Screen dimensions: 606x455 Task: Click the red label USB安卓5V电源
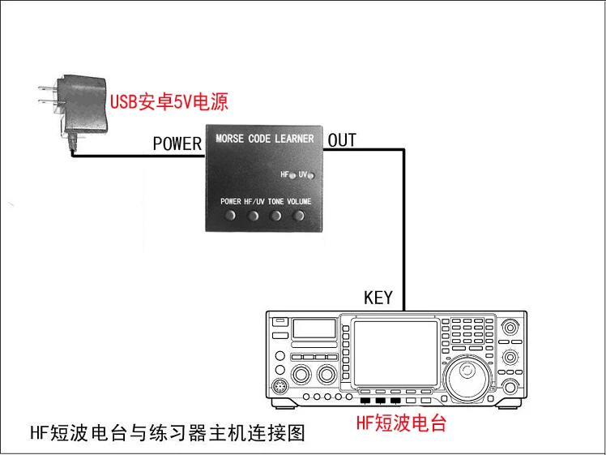click(x=169, y=101)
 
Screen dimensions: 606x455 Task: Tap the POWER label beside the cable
click(x=177, y=144)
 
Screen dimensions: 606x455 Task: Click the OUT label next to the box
click(x=342, y=140)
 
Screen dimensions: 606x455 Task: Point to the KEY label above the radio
click(x=378, y=298)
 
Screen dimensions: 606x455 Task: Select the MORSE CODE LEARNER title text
click(x=265, y=139)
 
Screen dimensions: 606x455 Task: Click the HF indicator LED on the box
click(x=292, y=176)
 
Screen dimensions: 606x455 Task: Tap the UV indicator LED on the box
click(x=311, y=176)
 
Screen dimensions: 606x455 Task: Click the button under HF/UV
click(x=253, y=215)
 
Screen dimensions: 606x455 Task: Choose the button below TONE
click(x=275, y=215)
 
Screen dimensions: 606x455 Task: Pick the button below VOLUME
click(x=298, y=215)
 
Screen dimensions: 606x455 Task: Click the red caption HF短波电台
click(x=401, y=422)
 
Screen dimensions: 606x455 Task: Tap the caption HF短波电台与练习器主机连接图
click(x=168, y=432)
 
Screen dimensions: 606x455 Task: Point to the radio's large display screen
click(x=395, y=354)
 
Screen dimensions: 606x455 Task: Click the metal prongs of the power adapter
click(x=48, y=95)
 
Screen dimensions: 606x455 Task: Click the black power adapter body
click(x=83, y=104)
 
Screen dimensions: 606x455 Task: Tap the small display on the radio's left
click(x=314, y=328)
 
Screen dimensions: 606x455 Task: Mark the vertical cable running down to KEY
click(x=404, y=230)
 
